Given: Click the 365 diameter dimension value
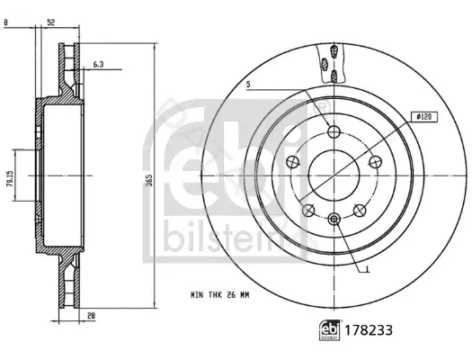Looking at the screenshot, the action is coord(149,180).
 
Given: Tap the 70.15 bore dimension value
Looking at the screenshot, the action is coord(9,179).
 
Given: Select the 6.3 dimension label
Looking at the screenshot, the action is coord(98,64).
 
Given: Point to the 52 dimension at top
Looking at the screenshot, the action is coord(51,22).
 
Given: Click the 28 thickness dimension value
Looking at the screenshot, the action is coord(91,315).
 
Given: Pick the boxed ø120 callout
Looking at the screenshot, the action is coord(424,117).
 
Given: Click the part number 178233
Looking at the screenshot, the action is coord(369,330).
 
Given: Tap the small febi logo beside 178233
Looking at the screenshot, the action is coord(330,330).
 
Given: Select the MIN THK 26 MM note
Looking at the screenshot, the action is coord(220,295).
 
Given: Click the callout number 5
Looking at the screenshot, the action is coord(248,85).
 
